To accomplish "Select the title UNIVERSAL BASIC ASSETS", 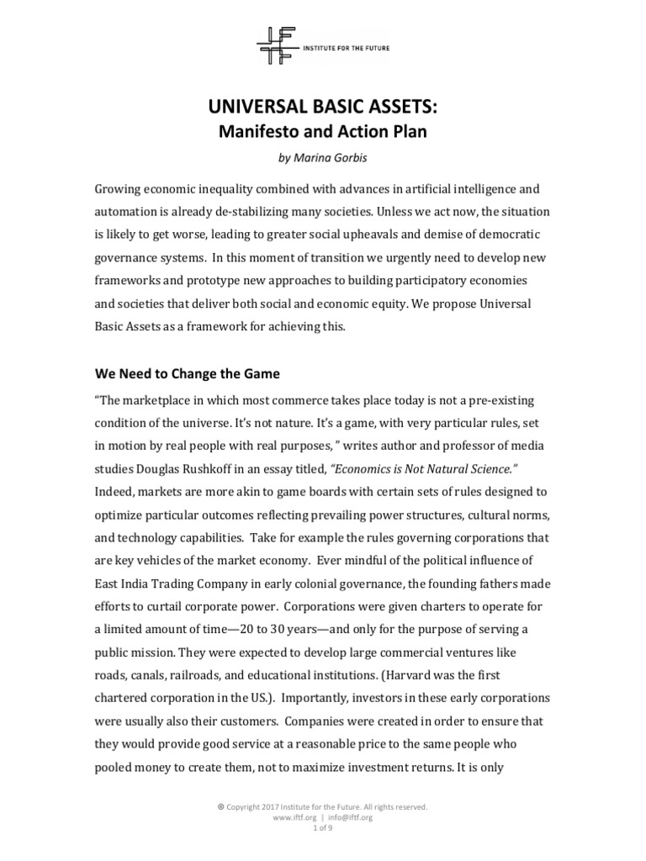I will point(323,105).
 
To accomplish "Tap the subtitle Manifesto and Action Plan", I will point(323,131).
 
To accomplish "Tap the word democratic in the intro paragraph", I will point(505,258).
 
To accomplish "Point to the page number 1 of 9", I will point(323,827).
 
